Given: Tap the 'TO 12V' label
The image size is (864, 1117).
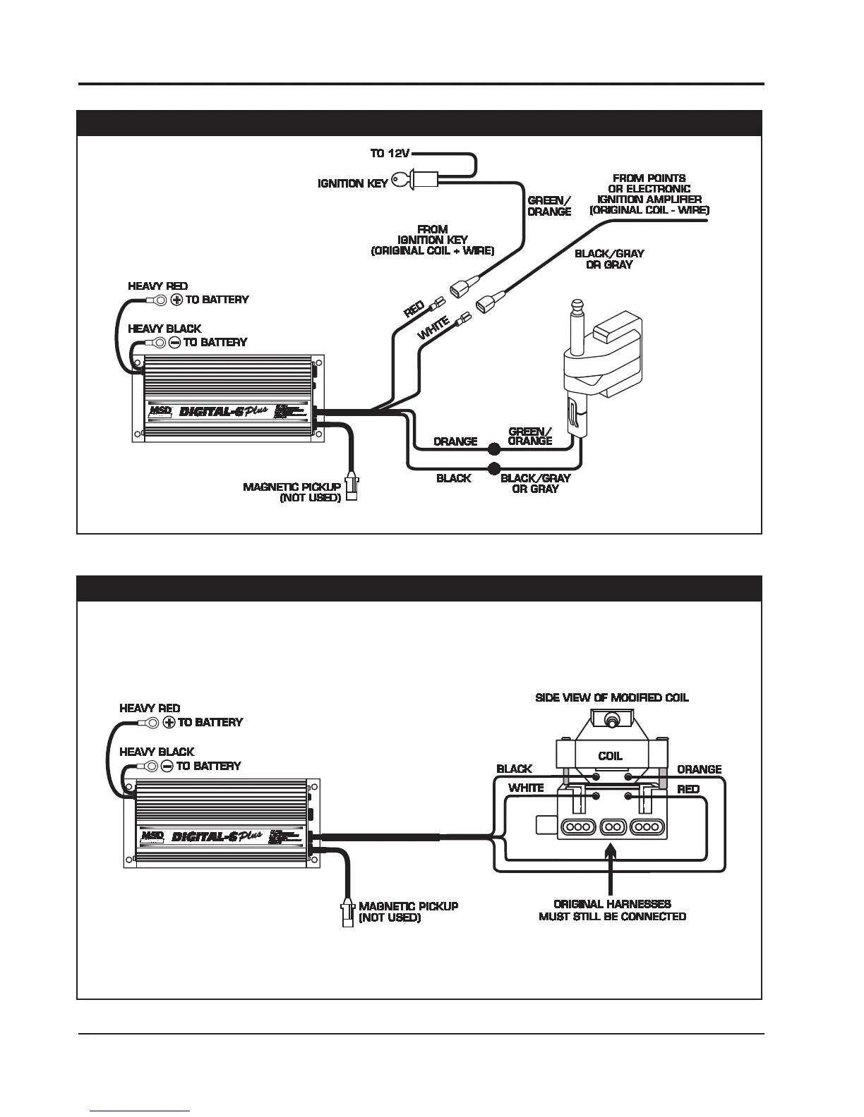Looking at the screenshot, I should pyautogui.click(x=390, y=153).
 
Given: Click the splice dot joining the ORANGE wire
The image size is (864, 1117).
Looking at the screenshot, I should pyautogui.click(x=494, y=448).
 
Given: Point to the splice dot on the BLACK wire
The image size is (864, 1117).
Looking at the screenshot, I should pyautogui.click(x=494, y=469).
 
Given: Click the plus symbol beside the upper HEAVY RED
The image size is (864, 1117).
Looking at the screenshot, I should pyautogui.click(x=176, y=300).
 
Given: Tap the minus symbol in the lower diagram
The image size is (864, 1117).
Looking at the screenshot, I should pyautogui.click(x=167, y=766).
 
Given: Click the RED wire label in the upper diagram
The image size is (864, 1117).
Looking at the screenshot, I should pyautogui.click(x=414, y=310).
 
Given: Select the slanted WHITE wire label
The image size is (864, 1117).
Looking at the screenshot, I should pyautogui.click(x=433, y=329).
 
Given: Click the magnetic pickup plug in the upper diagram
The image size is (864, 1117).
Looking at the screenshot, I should pyautogui.click(x=351, y=486).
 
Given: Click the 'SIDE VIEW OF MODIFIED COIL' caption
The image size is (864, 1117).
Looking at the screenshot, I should pyautogui.click(x=612, y=697).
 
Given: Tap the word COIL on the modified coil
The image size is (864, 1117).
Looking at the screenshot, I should pyautogui.click(x=610, y=756).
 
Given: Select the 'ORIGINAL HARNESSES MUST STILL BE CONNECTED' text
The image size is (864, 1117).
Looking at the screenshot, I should pyautogui.click(x=612, y=910).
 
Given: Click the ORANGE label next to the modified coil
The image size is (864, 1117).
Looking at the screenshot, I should pyautogui.click(x=699, y=769).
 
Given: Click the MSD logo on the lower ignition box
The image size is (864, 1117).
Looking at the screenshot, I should pyautogui.click(x=152, y=836).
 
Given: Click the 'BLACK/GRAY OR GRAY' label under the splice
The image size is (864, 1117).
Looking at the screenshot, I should pyautogui.click(x=535, y=483).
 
